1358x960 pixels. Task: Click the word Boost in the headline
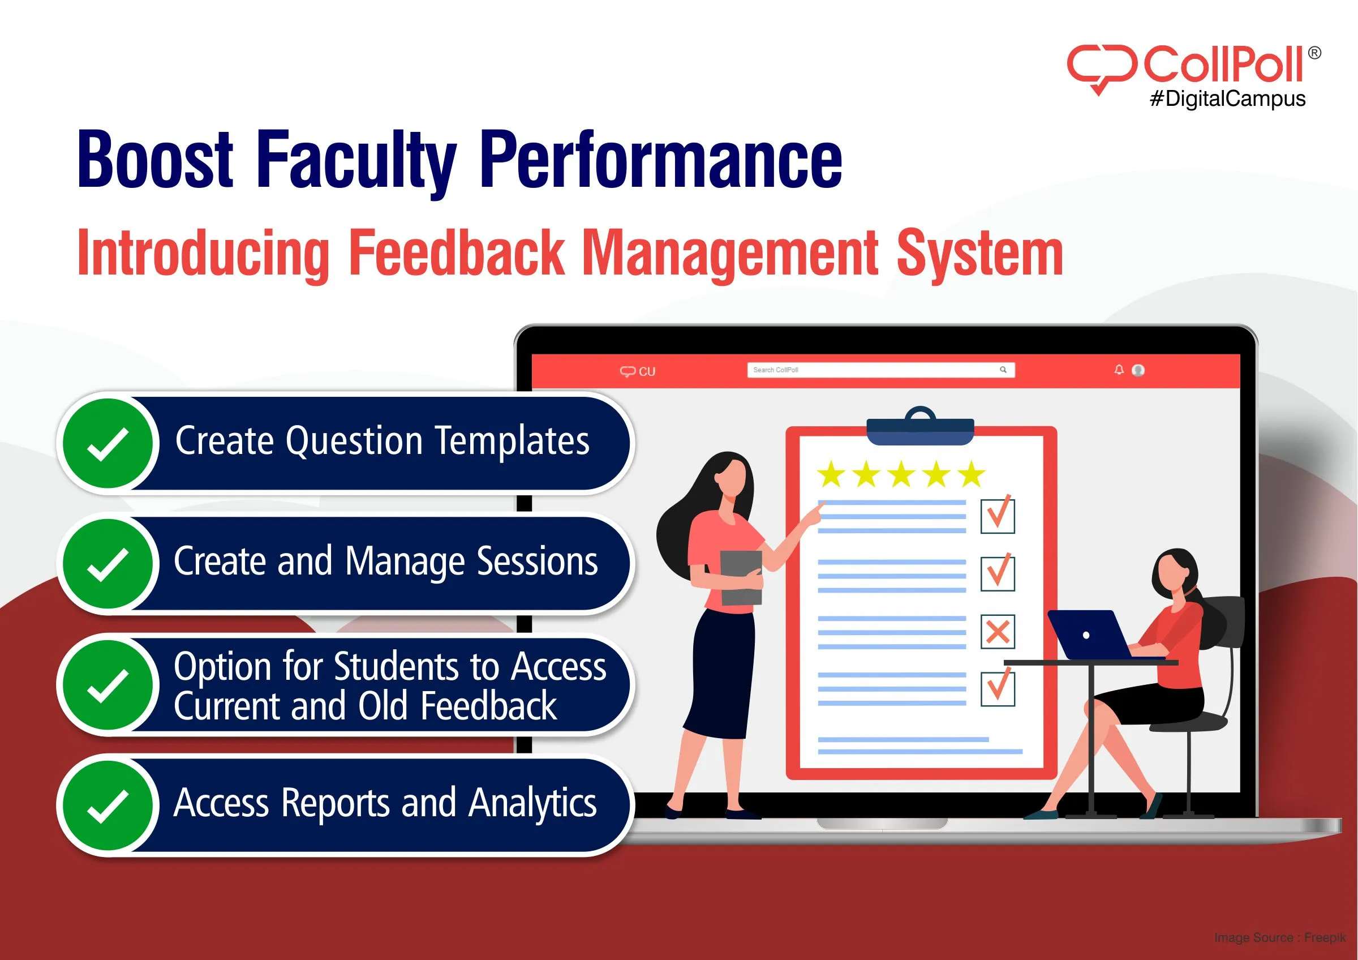point(156,160)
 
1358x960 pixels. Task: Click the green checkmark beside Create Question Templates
point(108,444)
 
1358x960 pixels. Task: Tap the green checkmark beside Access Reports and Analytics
point(108,805)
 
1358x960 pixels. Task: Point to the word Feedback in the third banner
point(488,706)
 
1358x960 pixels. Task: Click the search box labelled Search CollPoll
point(880,370)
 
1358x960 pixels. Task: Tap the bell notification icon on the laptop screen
point(1119,370)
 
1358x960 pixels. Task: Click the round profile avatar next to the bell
point(1138,370)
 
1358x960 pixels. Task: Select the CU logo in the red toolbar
point(638,371)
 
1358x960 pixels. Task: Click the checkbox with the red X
point(998,632)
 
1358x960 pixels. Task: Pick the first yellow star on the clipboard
point(832,474)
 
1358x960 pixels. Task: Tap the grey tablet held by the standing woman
point(741,577)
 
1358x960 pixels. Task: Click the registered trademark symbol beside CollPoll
point(1314,53)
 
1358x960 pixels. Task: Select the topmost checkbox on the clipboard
point(998,516)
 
